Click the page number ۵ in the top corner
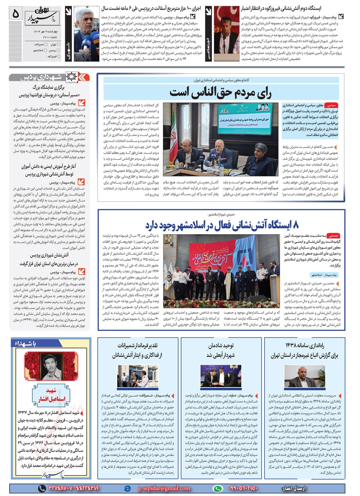(15, 13)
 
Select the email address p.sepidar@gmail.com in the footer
(164, 488)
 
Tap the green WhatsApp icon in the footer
(217, 488)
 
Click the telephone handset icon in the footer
(42, 488)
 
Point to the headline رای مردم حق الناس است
(220, 93)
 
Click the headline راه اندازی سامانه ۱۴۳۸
(305, 350)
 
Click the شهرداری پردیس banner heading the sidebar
(47, 77)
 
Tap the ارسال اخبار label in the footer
(292, 488)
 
